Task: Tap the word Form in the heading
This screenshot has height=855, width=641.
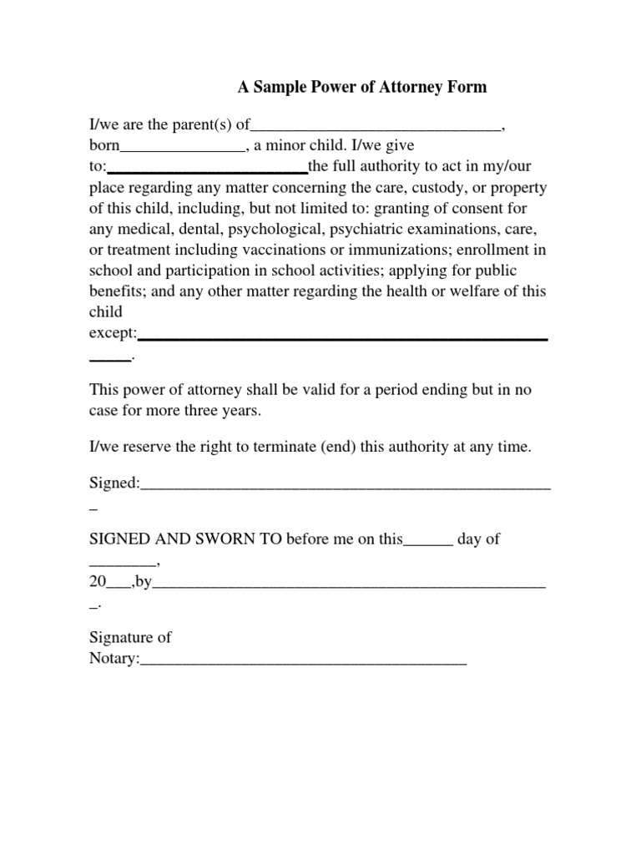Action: (x=467, y=87)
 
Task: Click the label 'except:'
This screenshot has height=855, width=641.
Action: (x=113, y=332)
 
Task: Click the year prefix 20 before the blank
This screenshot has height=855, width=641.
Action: (x=98, y=583)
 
